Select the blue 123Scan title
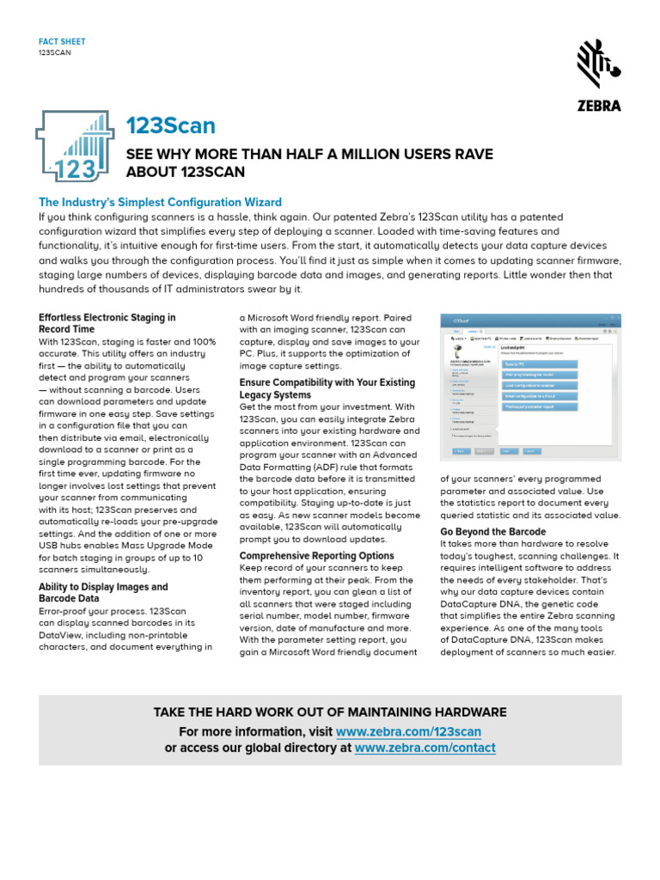point(170,125)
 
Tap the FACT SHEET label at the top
point(62,41)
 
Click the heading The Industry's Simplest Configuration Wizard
point(161,202)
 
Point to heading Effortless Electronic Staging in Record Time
point(107,323)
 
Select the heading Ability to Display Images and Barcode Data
point(103,593)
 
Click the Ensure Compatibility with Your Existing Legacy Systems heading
point(327,388)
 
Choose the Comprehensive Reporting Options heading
point(316,556)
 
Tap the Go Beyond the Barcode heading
point(492,532)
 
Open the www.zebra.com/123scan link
point(408,731)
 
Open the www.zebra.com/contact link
point(425,748)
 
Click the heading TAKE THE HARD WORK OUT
point(330,712)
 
